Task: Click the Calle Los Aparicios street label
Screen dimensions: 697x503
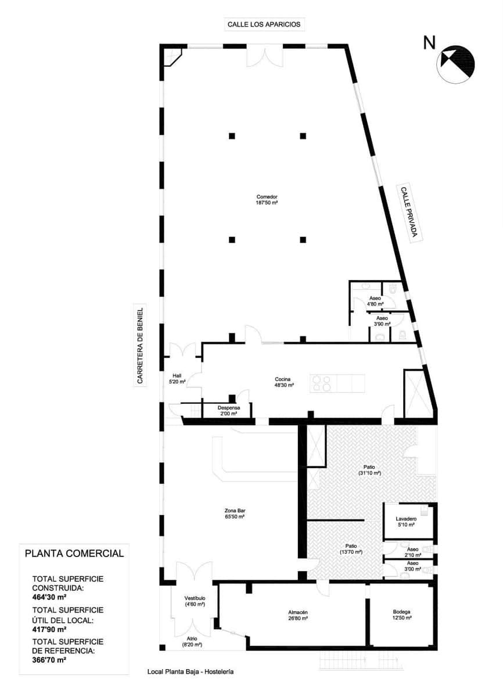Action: (x=265, y=24)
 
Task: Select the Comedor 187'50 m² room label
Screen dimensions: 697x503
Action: (x=267, y=200)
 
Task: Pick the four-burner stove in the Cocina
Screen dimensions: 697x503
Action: (x=322, y=383)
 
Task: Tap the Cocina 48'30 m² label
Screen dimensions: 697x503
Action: (x=284, y=382)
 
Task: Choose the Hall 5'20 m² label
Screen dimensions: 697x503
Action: (x=177, y=379)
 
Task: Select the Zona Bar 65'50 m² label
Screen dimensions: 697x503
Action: (x=234, y=513)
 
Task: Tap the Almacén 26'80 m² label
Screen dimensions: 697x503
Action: (x=297, y=616)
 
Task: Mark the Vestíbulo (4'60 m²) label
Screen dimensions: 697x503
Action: (x=195, y=601)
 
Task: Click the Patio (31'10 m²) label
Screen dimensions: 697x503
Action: (x=369, y=470)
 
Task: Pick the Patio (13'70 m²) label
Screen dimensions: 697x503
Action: (x=351, y=549)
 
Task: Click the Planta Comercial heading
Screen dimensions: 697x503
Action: (x=74, y=553)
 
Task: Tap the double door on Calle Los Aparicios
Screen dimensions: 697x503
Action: (x=264, y=56)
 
